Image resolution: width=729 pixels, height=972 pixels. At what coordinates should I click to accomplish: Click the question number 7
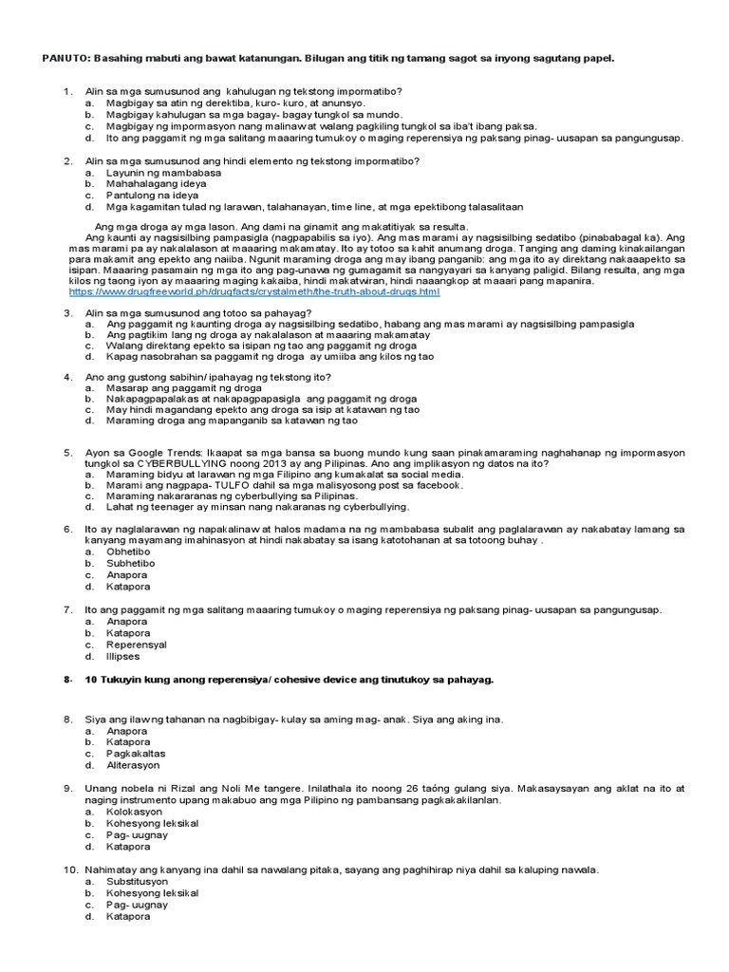tap(68, 609)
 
